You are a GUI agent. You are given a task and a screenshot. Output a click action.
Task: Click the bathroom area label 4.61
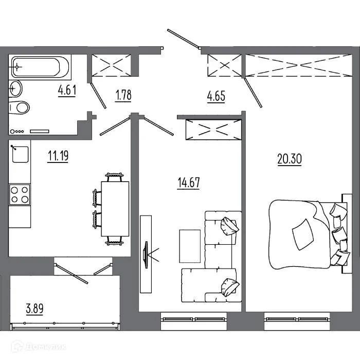(x=67, y=91)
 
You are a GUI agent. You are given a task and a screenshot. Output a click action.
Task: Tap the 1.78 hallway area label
(x=123, y=96)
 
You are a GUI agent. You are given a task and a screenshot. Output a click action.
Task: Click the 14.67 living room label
(x=188, y=183)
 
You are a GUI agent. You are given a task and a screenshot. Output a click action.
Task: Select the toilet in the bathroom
(x=20, y=108)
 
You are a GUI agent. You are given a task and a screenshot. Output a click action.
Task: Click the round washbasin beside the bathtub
(x=15, y=88)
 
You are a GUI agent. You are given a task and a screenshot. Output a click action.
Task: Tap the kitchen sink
(x=21, y=154)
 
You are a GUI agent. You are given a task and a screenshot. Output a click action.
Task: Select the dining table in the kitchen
(x=116, y=208)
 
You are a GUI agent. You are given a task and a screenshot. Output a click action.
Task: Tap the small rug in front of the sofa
(x=190, y=245)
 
